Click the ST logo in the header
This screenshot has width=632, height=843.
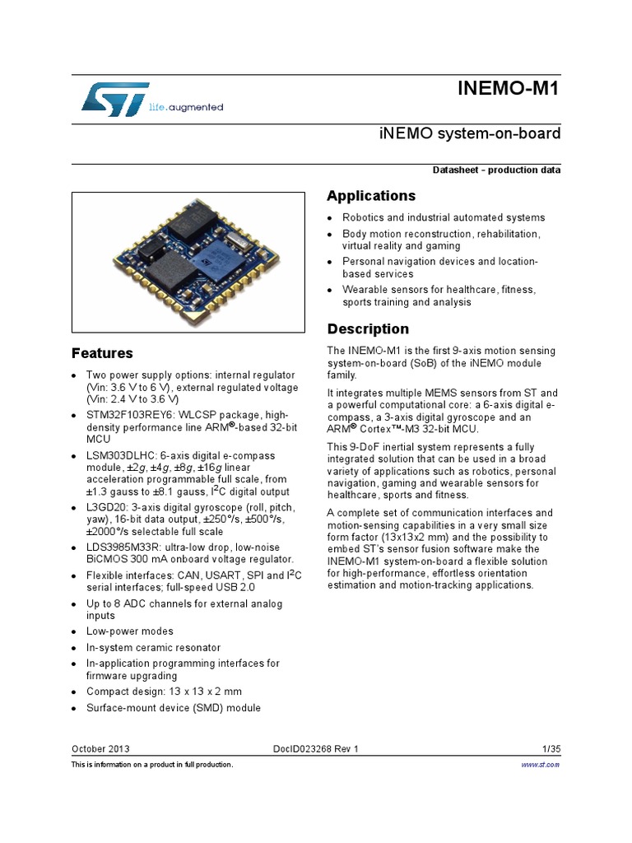point(115,98)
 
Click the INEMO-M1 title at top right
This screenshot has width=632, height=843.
point(509,89)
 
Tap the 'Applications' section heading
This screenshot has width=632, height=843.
point(371,196)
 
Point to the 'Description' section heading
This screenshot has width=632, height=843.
point(368,329)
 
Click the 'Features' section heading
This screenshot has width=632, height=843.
point(102,353)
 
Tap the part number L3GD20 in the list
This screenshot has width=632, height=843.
point(107,507)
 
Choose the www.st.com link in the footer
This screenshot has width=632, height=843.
point(541,765)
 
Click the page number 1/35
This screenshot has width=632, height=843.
point(551,748)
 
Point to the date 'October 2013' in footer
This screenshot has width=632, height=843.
point(100,748)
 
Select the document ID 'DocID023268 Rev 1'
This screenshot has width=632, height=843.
point(316,748)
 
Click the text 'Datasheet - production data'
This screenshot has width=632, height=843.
point(497,170)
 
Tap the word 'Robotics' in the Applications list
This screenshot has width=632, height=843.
point(363,217)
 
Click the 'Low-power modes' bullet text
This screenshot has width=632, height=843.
point(130,631)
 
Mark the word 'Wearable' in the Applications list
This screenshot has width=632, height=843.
point(365,290)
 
